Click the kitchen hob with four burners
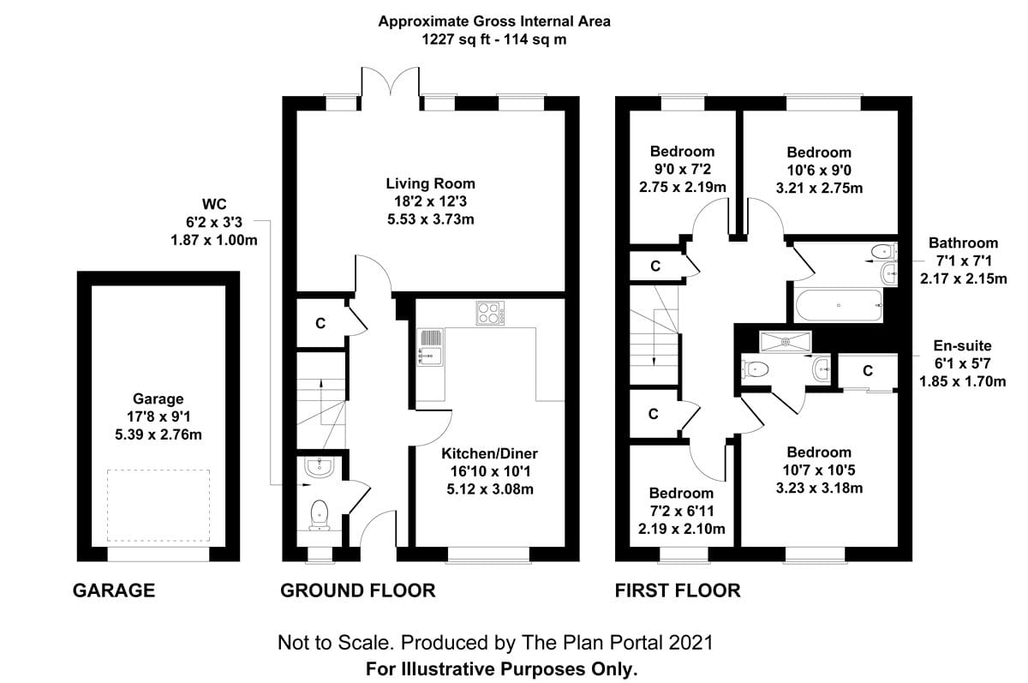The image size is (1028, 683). (x=490, y=313)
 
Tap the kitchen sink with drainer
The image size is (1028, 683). (x=430, y=347)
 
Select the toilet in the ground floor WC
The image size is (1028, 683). (x=320, y=515)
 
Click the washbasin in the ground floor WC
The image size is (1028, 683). (x=320, y=467)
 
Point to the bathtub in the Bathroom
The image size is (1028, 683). (x=839, y=305)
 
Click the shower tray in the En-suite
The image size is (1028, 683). (x=786, y=342)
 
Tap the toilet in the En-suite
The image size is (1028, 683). (x=756, y=368)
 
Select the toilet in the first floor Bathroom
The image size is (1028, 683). (x=883, y=252)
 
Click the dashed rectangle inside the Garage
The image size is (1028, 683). (x=158, y=506)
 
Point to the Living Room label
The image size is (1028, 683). (x=430, y=183)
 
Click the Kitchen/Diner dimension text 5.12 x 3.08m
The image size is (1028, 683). (x=490, y=489)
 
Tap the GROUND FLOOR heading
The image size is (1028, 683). (x=358, y=590)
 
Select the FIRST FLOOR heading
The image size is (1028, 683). (x=678, y=590)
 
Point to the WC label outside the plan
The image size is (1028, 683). (x=214, y=204)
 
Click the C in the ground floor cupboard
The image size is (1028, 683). (x=320, y=324)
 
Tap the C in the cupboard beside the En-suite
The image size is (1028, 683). (x=867, y=371)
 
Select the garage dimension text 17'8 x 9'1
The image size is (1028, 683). (x=158, y=416)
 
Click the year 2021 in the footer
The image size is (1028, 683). (x=691, y=643)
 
